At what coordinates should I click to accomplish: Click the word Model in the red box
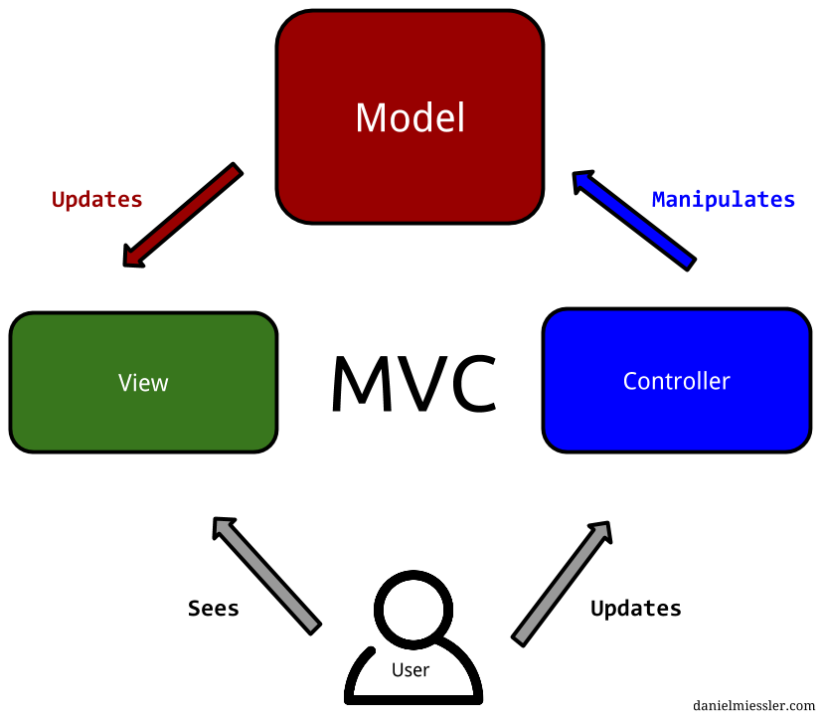click(410, 118)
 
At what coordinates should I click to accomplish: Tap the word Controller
click(676, 382)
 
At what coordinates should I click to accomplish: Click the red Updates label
click(97, 200)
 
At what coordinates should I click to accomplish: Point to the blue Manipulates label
click(724, 200)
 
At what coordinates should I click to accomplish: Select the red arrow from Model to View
click(183, 216)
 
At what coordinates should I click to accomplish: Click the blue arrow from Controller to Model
click(633, 220)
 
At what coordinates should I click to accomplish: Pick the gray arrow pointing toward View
click(266, 575)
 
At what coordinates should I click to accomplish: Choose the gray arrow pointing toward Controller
click(562, 583)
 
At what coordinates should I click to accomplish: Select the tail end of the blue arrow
click(687, 262)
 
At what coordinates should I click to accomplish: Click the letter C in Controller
click(629, 382)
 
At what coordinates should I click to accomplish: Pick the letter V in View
click(124, 383)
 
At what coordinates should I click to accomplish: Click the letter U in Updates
click(58, 200)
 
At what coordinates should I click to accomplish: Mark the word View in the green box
click(143, 383)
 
